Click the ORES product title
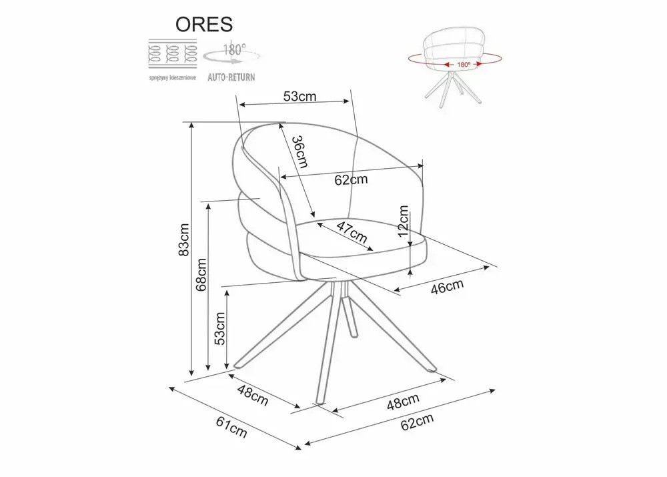203,24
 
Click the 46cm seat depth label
447,288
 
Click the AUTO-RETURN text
231,77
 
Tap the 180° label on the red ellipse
464,65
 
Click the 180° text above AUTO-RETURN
235,49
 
